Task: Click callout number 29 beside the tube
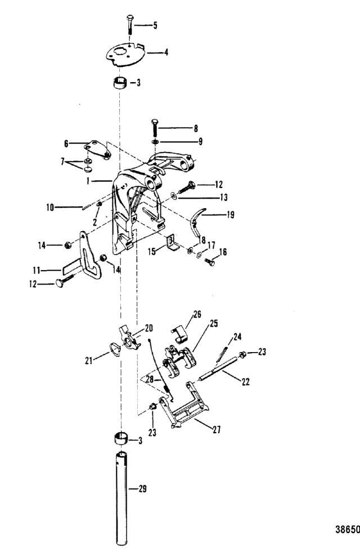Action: [x=143, y=489]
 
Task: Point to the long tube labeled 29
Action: [x=120, y=495]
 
